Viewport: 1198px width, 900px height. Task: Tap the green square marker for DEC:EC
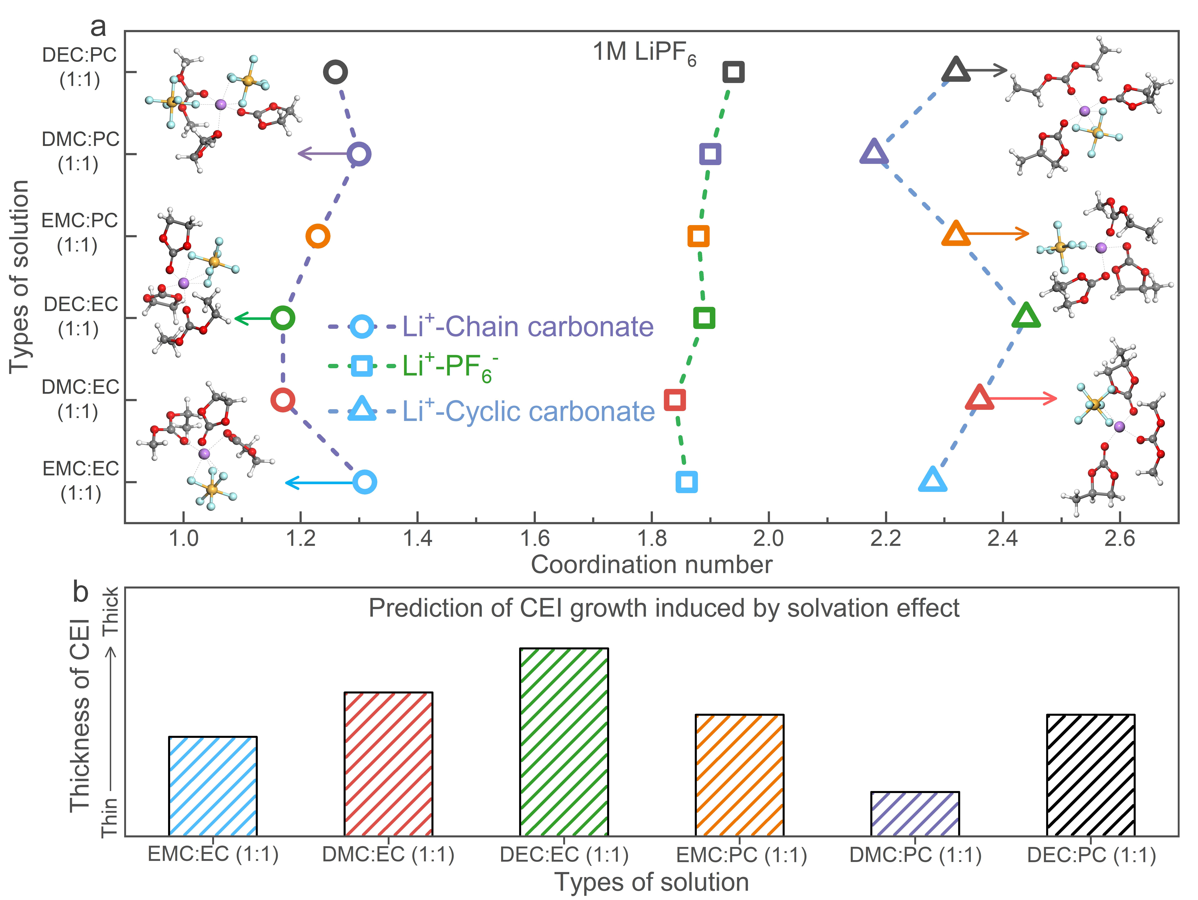[x=704, y=318]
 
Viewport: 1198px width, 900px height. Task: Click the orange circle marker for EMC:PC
[x=318, y=236]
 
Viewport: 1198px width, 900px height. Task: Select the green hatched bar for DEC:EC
[x=564, y=742]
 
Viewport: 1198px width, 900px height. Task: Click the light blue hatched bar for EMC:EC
[x=213, y=786]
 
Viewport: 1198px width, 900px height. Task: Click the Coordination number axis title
[x=652, y=565]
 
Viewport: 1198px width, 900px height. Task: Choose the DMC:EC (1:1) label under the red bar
[x=388, y=855]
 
